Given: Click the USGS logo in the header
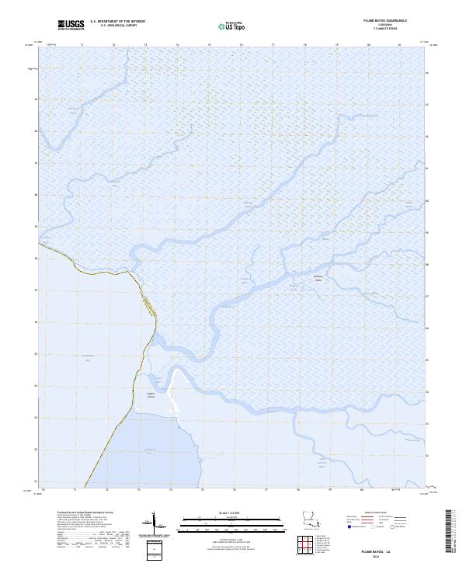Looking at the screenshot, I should point(71,25).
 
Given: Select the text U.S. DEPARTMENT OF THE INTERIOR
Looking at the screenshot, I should point(117,22).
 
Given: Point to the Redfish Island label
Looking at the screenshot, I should point(317,280).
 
